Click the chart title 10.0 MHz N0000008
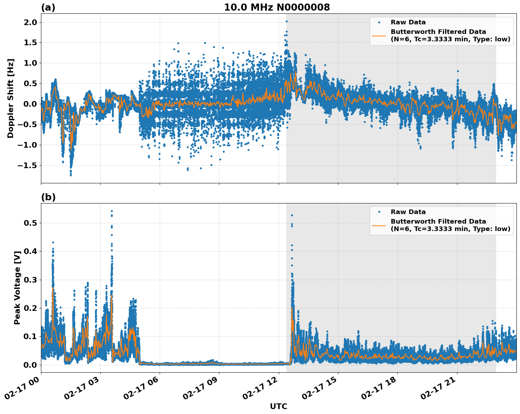[x=277, y=7]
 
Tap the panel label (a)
[x=48, y=7]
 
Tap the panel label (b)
[x=48, y=197]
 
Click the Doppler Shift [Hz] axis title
[x=11, y=98]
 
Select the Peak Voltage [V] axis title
[x=17, y=287]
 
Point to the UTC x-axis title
[x=278, y=406]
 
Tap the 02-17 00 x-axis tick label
[x=24, y=392]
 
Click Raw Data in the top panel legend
[x=408, y=22]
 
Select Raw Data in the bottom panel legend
[x=408, y=212]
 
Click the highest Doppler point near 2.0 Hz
[x=286, y=21]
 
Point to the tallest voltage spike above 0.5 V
[x=112, y=211]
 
